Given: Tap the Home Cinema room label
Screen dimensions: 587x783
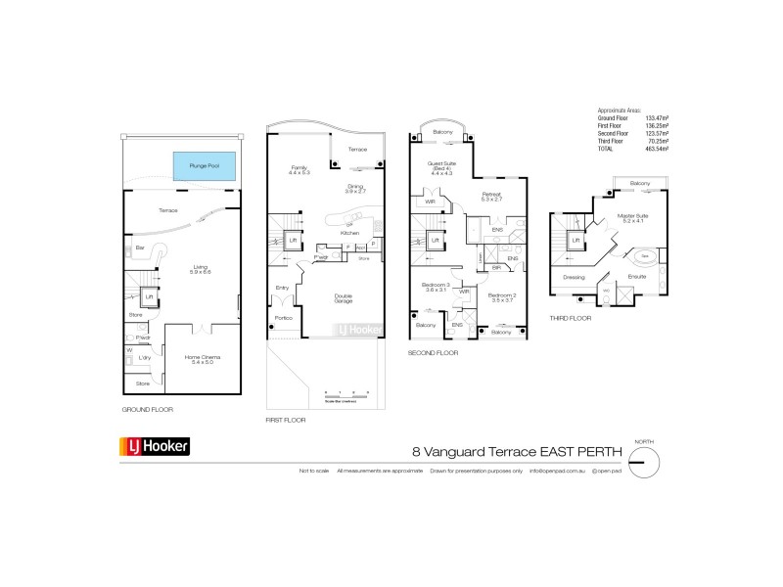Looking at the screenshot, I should (204, 359).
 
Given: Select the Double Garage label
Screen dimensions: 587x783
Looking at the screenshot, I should (344, 298).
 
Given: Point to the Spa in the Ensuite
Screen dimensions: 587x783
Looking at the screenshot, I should (646, 258).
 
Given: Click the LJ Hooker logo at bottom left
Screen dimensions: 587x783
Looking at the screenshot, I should (155, 447).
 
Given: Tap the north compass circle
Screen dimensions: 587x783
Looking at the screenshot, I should (643, 463).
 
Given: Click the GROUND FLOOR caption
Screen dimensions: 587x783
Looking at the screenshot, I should (147, 409).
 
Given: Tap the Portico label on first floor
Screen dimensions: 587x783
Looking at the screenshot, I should (285, 318).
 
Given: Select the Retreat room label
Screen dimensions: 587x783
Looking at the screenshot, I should (491, 196).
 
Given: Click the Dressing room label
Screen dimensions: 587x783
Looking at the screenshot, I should (575, 278).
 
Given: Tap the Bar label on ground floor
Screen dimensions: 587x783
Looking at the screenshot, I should (140, 248).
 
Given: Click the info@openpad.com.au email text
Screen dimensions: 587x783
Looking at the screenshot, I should (558, 472).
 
